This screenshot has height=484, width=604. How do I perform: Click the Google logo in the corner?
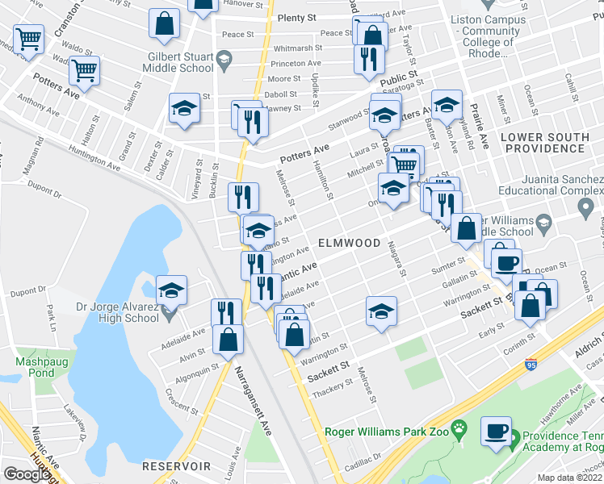[x=26, y=474]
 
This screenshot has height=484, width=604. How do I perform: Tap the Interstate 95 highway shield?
[x=531, y=365]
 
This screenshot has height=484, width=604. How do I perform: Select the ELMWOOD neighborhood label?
[x=348, y=242]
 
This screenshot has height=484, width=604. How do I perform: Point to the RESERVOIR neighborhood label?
[x=176, y=466]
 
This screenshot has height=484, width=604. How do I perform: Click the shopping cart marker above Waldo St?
[x=28, y=38]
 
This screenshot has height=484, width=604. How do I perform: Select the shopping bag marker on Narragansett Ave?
[x=229, y=340]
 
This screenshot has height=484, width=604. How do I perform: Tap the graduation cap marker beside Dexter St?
[x=184, y=109]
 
